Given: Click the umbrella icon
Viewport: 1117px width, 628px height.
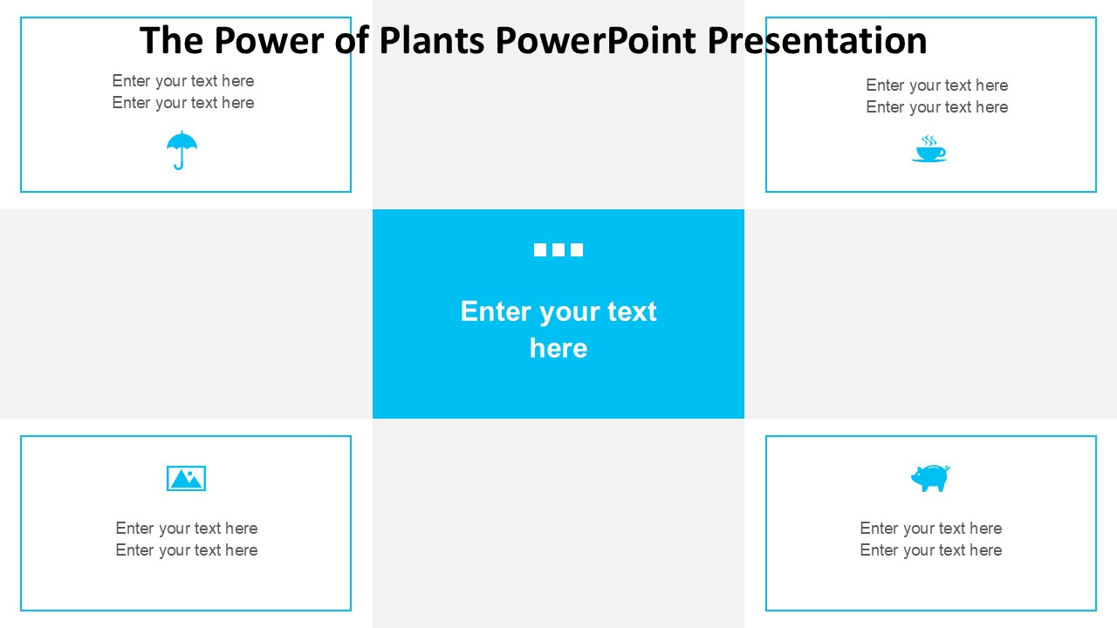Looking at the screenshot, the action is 182,147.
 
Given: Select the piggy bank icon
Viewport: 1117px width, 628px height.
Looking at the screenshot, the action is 930,479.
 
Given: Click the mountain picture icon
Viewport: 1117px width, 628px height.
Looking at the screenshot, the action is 186,479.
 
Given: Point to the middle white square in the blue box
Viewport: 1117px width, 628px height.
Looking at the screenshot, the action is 558,249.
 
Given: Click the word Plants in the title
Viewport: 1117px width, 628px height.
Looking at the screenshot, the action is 432,40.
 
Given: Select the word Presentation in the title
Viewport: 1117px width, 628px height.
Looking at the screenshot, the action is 818,40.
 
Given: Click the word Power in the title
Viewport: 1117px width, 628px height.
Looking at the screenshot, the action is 270,40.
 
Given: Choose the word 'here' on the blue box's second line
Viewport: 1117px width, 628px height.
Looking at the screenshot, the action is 558,348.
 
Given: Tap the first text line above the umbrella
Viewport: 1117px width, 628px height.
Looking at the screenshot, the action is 183,81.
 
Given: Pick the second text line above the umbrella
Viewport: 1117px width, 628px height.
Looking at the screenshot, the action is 183,103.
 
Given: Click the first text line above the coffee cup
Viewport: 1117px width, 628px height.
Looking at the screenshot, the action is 937,85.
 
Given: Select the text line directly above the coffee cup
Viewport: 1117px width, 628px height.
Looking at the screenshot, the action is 937,107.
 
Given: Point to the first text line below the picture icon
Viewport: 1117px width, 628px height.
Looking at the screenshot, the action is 187,529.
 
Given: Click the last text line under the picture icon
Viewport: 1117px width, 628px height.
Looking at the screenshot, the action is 187,550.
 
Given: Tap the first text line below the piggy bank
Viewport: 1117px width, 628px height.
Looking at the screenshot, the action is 931,529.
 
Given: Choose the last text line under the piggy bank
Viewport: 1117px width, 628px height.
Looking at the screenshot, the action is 931,550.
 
